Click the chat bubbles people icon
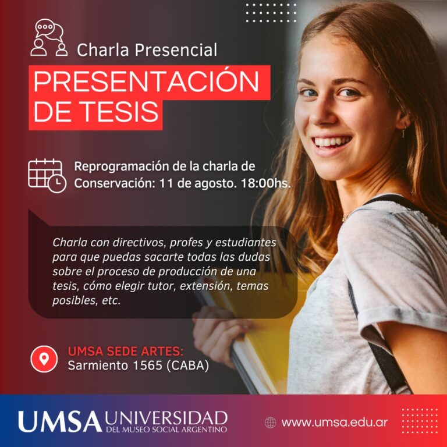pos(49,38)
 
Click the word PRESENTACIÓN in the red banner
pos(146,81)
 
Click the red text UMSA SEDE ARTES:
pos(126,352)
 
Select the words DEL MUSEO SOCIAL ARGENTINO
pos(166,430)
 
